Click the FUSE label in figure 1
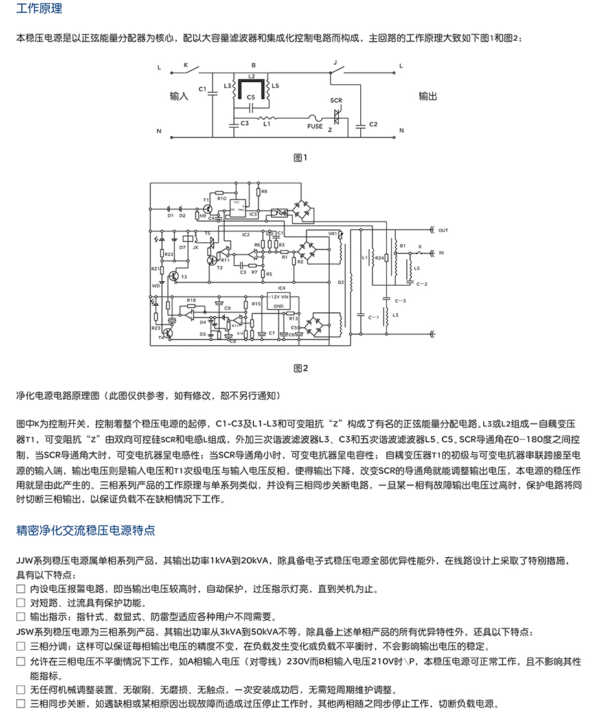(x=315, y=126)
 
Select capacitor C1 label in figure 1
(x=202, y=88)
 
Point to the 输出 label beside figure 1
(x=428, y=96)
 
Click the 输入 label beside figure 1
(x=179, y=96)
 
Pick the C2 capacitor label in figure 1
(x=373, y=124)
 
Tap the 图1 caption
(x=300, y=157)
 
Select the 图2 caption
(x=300, y=368)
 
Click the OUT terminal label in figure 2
(x=443, y=230)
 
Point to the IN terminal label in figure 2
(x=442, y=252)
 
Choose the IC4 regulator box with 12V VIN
(x=281, y=300)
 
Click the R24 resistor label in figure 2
(x=379, y=258)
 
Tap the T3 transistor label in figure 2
(x=183, y=277)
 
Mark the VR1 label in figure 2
(x=334, y=233)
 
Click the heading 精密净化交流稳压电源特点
(x=86, y=530)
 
